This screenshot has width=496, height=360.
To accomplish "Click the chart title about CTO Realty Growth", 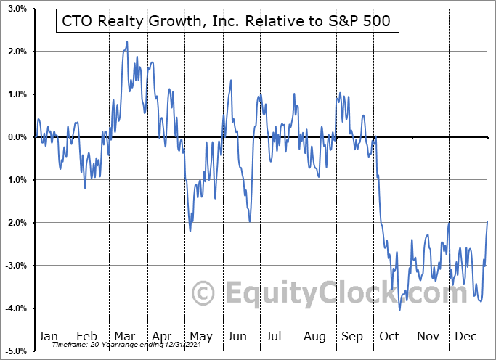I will click(227, 21).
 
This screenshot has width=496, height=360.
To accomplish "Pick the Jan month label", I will click(48, 337).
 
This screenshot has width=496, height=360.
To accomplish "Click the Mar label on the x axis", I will click(125, 337).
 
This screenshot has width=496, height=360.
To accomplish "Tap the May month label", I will click(201, 337).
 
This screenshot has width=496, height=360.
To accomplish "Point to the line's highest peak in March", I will click(126, 42).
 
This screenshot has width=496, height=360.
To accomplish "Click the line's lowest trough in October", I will click(399, 310).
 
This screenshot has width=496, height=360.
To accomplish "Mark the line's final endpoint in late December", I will click(487, 221).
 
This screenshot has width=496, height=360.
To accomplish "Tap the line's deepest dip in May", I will click(190, 231).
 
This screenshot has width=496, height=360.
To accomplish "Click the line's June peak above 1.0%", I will click(230, 81).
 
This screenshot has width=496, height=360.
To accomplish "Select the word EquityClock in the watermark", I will click(312, 294).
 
